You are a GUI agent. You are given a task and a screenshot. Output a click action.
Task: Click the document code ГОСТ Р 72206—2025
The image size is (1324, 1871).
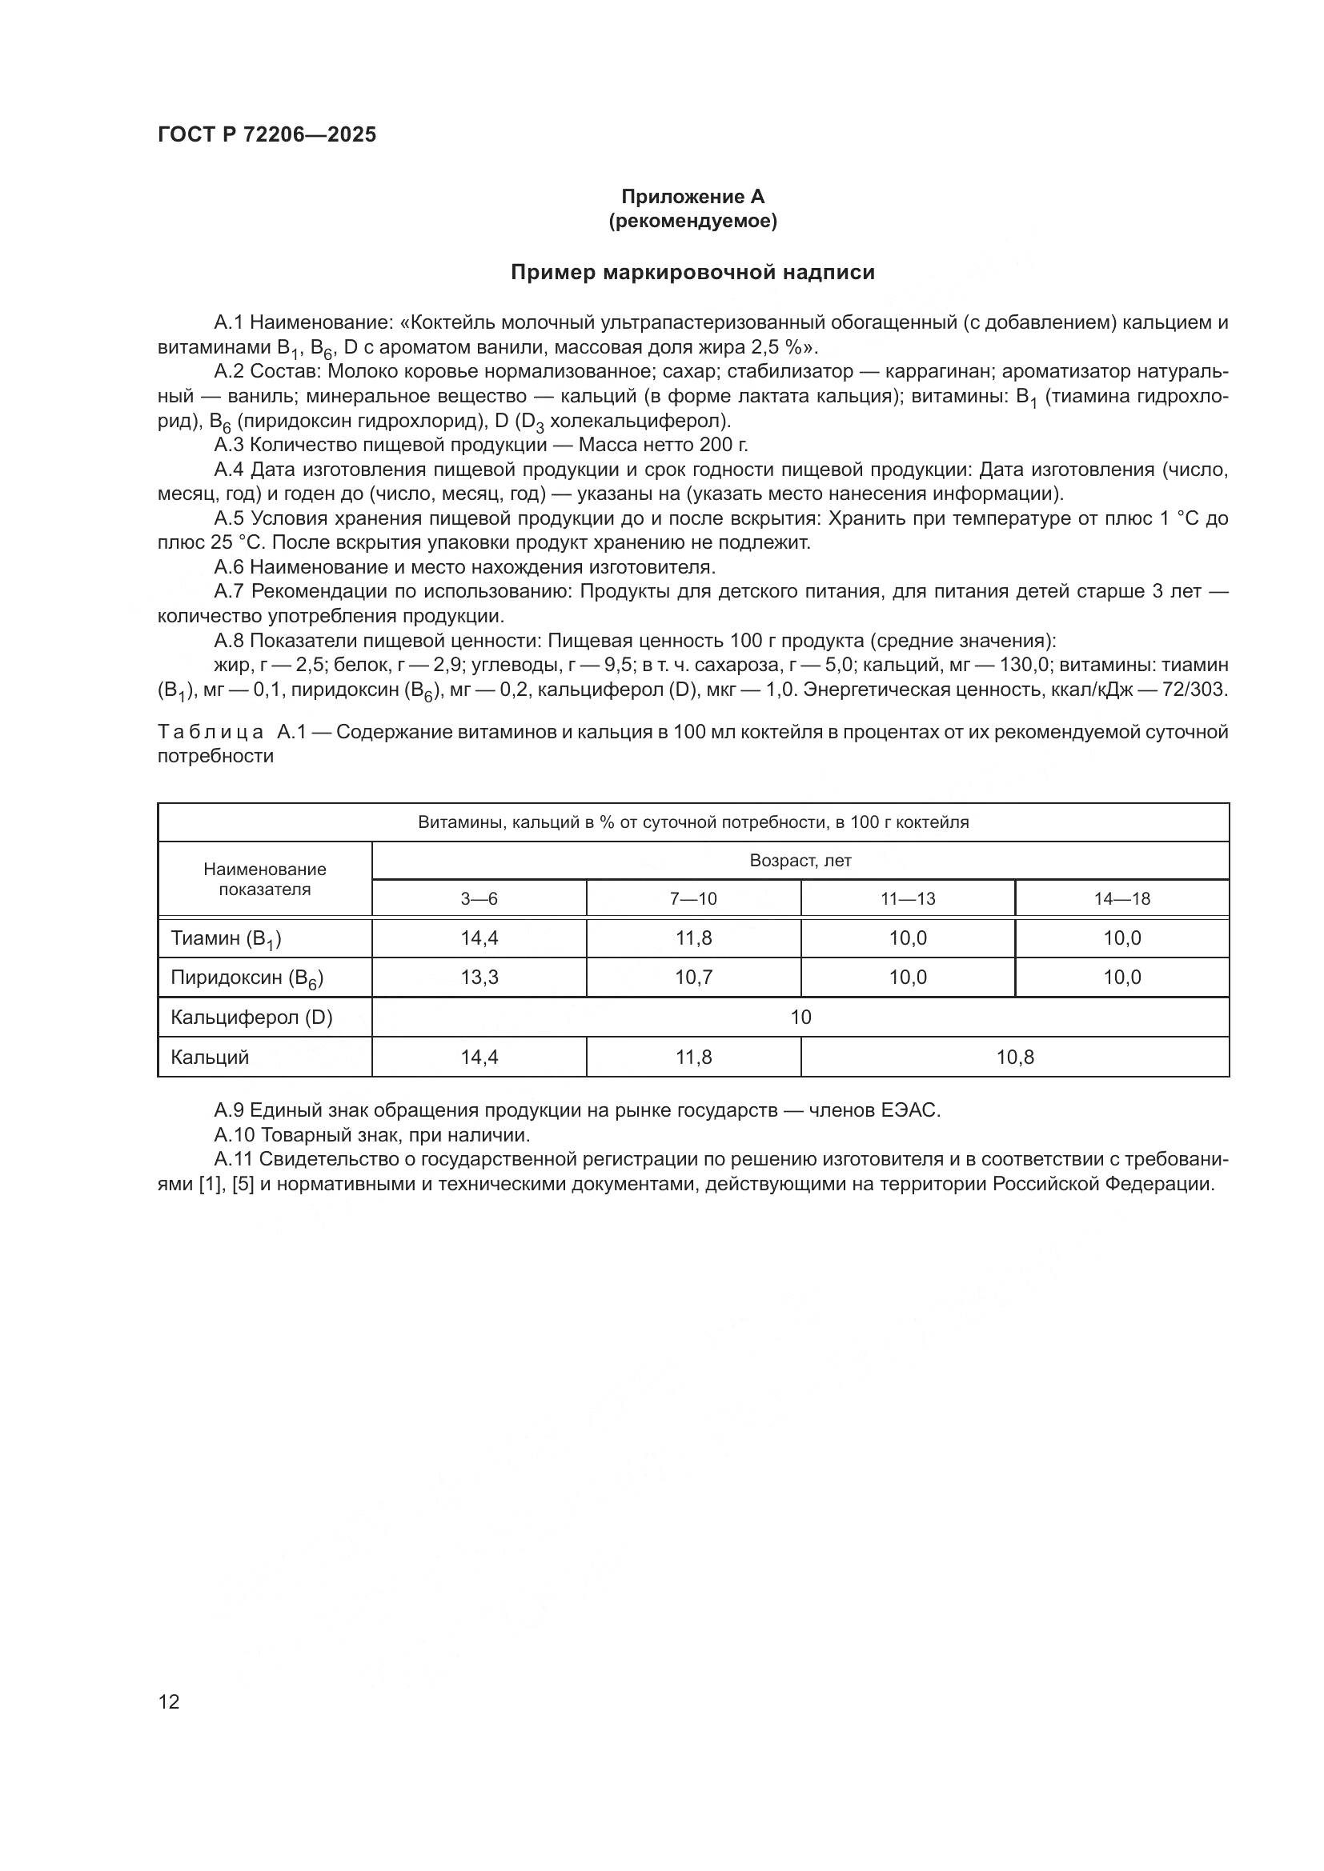pyautogui.click(x=267, y=135)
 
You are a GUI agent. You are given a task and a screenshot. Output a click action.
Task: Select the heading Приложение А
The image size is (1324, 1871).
pyautogui.click(x=692, y=197)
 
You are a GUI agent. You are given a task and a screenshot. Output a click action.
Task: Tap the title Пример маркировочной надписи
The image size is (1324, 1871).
pyautogui.click(x=692, y=272)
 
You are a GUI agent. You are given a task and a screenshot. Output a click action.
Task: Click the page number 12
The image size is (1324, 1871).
pyautogui.click(x=169, y=1701)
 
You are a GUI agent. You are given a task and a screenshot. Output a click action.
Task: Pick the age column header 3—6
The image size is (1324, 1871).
pyautogui.click(x=479, y=899)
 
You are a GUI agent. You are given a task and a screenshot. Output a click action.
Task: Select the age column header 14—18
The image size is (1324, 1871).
pyautogui.click(x=1121, y=899)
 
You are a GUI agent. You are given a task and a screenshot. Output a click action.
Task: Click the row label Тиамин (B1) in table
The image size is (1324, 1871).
pyautogui.click(x=226, y=939)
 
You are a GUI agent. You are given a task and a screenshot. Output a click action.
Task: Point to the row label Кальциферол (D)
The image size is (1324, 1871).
pyautogui.click(x=251, y=1017)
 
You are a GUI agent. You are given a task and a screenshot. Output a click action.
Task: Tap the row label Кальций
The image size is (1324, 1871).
pyautogui.click(x=210, y=1057)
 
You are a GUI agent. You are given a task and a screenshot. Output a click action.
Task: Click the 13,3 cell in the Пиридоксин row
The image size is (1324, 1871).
pyautogui.click(x=479, y=977)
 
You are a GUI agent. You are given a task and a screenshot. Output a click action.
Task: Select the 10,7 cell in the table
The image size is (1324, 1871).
pyautogui.click(x=694, y=977)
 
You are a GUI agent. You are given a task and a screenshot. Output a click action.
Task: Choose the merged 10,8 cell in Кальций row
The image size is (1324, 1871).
pyautogui.click(x=1015, y=1057)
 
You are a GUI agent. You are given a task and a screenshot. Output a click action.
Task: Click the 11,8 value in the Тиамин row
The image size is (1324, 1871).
pyautogui.click(x=694, y=938)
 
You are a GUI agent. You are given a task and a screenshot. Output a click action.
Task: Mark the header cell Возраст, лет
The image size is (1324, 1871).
pyautogui.click(x=800, y=861)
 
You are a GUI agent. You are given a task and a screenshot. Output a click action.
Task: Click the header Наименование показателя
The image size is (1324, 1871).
pyautogui.click(x=265, y=879)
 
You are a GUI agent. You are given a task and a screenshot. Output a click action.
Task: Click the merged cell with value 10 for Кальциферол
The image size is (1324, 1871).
pyautogui.click(x=800, y=1017)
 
